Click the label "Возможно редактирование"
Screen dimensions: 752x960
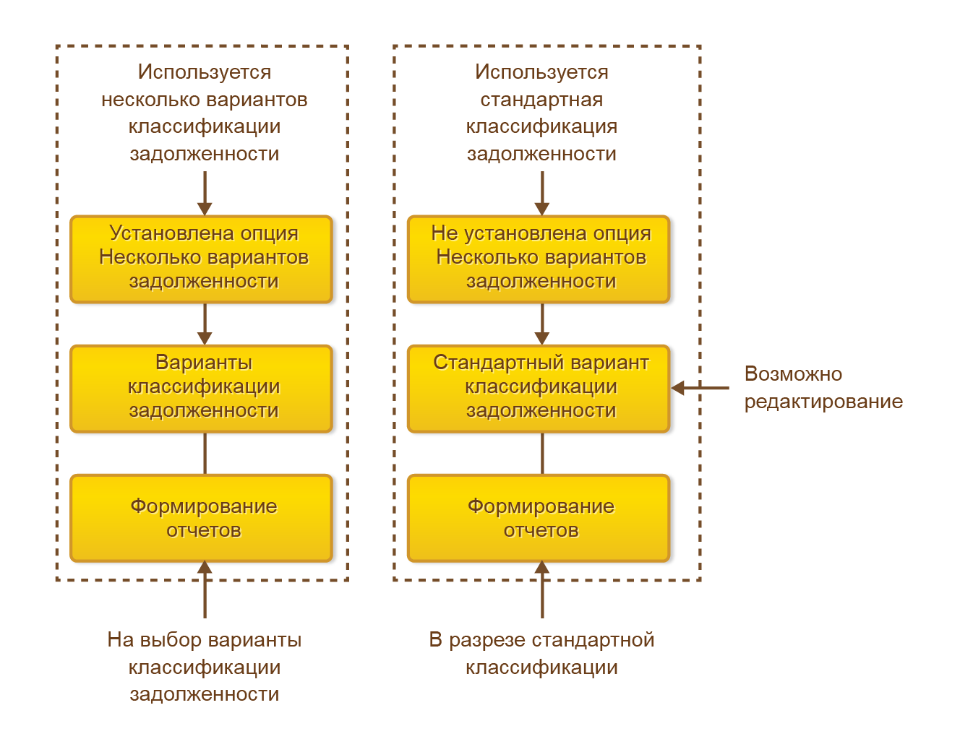coord(823,388)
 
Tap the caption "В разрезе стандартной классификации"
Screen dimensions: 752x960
coord(541,653)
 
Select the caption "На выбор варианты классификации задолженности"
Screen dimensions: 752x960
coord(205,666)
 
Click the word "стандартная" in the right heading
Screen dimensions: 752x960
coord(541,100)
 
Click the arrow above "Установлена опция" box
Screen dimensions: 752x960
coord(205,193)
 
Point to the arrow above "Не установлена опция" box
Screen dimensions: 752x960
coord(542,193)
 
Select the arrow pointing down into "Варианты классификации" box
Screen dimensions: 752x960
coord(205,324)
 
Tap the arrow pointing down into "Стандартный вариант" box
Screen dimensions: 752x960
coord(542,324)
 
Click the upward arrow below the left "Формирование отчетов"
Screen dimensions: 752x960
coord(205,589)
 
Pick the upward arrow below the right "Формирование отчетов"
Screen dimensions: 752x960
coord(542,589)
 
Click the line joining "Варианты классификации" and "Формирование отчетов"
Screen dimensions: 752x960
coord(205,453)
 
